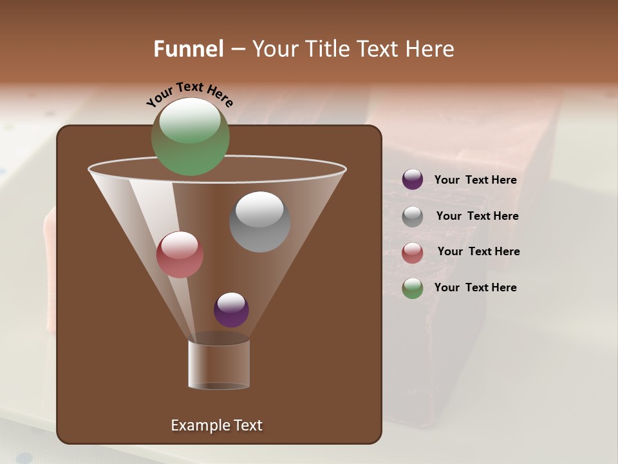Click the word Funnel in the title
pyautogui.click(x=189, y=49)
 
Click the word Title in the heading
pyautogui.click(x=326, y=49)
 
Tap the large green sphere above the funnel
pyautogui.click(x=190, y=137)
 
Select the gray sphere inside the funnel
pyautogui.click(x=260, y=222)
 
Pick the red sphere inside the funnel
pyautogui.click(x=180, y=255)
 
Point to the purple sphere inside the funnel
pyautogui.click(x=231, y=309)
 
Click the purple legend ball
pyautogui.click(x=413, y=180)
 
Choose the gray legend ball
pyautogui.click(x=413, y=217)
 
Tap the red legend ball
pyautogui.click(x=413, y=252)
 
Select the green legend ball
pyautogui.click(x=413, y=288)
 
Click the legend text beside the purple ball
pyautogui.click(x=475, y=180)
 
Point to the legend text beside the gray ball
pyautogui.click(x=477, y=217)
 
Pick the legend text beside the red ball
pyautogui.click(x=478, y=252)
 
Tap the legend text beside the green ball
pyautogui.click(x=475, y=288)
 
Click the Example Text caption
pyautogui.click(x=216, y=425)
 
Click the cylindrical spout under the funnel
pyautogui.click(x=219, y=365)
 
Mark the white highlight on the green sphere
pyautogui.click(x=190, y=121)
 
